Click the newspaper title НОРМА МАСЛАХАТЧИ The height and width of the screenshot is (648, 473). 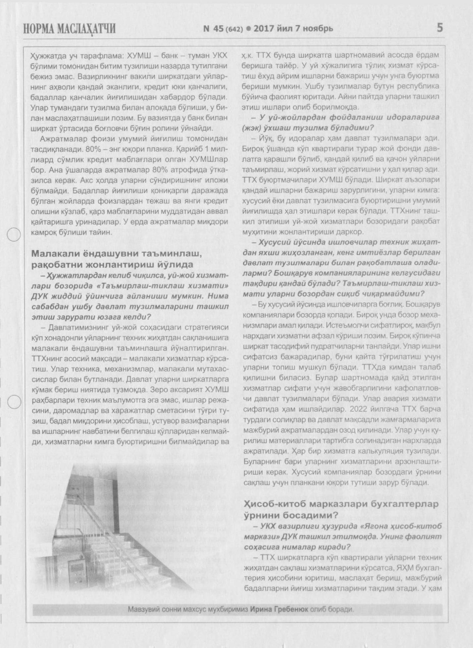coord(69,29)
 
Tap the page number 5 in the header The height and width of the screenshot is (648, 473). coord(440,28)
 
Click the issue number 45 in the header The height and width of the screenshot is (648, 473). coord(218,29)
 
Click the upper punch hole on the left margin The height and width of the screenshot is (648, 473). coord(14,235)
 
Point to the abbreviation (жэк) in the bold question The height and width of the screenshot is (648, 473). coord(253,128)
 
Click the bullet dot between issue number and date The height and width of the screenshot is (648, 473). coord(248,29)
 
